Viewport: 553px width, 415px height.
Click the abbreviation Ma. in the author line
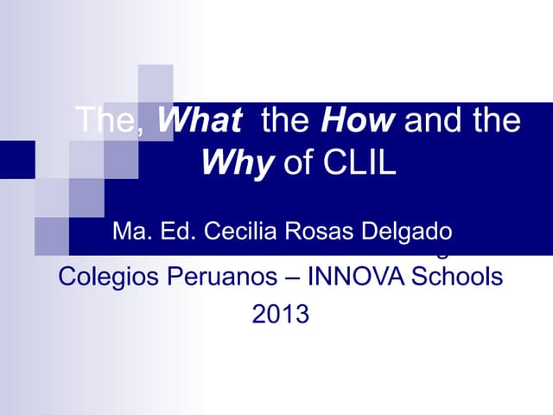click(x=132, y=232)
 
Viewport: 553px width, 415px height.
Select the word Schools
click(x=460, y=278)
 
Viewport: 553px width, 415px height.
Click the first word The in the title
click(x=105, y=120)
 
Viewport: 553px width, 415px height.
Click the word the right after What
click(x=283, y=120)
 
